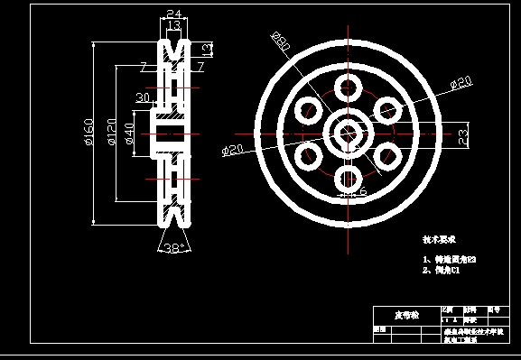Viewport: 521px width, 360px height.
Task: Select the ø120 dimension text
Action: coord(110,133)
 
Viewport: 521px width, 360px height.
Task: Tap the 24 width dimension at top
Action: coord(174,14)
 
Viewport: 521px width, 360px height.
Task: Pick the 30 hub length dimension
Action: coord(142,97)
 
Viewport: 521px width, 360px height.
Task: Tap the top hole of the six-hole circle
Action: coord(347,88)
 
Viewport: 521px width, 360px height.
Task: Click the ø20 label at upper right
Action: coord(461,83)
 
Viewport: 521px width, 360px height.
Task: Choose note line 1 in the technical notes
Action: coord(449,260)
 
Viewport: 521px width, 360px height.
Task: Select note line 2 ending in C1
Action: coord(442,270)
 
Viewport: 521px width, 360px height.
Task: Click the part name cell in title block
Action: coord(406,316)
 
